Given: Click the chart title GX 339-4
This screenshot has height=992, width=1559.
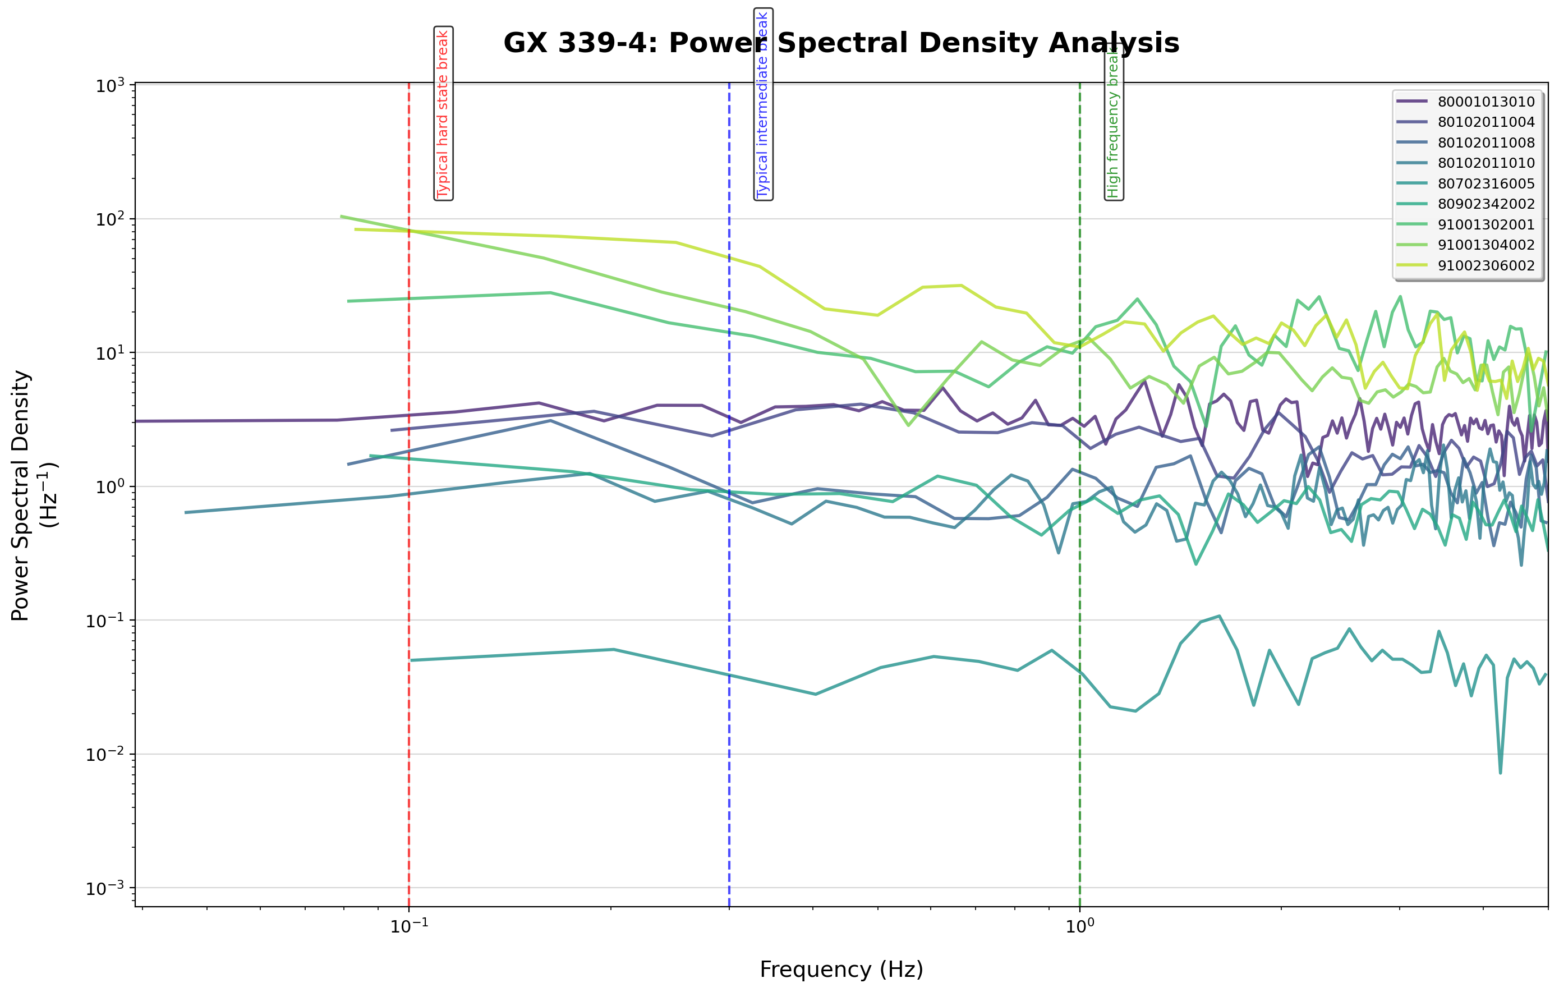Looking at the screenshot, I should (x=841, y=43).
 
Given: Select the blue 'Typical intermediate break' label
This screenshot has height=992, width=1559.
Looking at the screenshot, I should (x=764, y=104).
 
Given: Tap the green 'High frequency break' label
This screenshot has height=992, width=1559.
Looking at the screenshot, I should (x=1114, y=123).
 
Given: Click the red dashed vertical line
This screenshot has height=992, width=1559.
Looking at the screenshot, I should (x=409, y=583).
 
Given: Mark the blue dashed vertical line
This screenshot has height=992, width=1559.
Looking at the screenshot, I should (x=730, y=583).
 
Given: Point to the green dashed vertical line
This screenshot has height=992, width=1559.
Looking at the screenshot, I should (x=1080, y=583).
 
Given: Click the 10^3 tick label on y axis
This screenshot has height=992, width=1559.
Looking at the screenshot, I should (x=110, y=86).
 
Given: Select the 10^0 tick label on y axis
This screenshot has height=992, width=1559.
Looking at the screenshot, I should (x=110, y=487).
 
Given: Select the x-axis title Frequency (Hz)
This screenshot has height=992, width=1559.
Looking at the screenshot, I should (x=841, y=970).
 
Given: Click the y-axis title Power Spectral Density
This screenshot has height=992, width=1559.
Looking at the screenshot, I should (x=21, y=495).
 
